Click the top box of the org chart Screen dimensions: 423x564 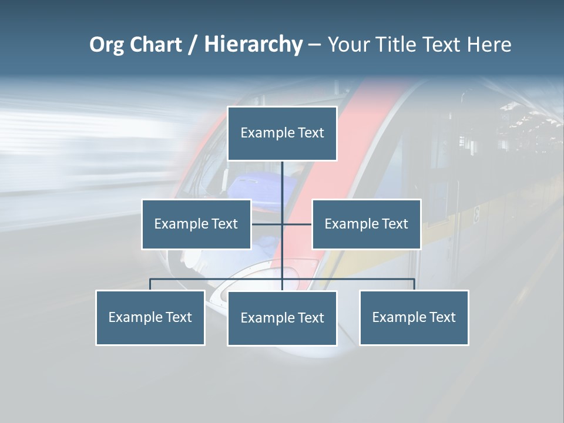(x=282, y=133)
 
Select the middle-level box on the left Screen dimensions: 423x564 (x=196, y=224)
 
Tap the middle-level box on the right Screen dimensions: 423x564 (x=366, y=224)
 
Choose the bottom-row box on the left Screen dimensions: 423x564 (x=150, y=317)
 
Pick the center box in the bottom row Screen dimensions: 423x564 (x=282, y=318)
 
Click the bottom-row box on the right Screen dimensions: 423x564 (x=414, y=317)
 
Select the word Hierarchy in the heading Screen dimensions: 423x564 (x=253, y=45)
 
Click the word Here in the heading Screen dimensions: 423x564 (x=489, y=45)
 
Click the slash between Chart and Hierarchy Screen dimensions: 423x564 (x=193, y=45)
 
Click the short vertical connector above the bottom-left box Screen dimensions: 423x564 (x=150, y=284)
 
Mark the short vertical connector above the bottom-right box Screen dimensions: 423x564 (x=414, y=284)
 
